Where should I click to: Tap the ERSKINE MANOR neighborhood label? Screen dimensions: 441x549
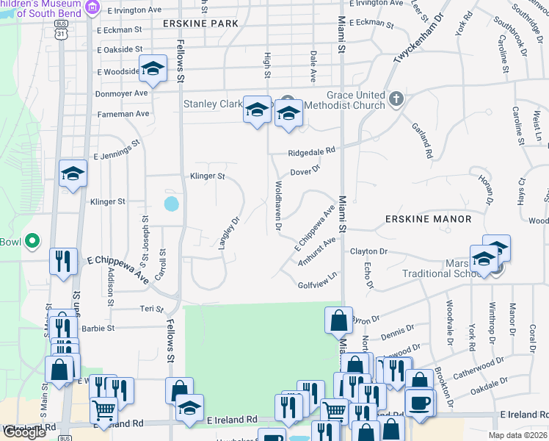tap(426, 219)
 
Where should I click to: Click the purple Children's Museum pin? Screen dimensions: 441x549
tap(92, 7)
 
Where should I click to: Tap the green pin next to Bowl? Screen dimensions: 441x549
tap(32, 240)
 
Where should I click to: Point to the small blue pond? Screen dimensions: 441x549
tap(171, 203)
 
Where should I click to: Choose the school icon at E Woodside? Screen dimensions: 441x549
tap(153, 69)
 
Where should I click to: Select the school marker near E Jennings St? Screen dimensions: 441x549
tap(73, 173)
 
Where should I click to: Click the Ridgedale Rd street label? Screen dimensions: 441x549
tap(311, 151)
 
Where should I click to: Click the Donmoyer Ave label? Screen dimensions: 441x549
tap(121, 93)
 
